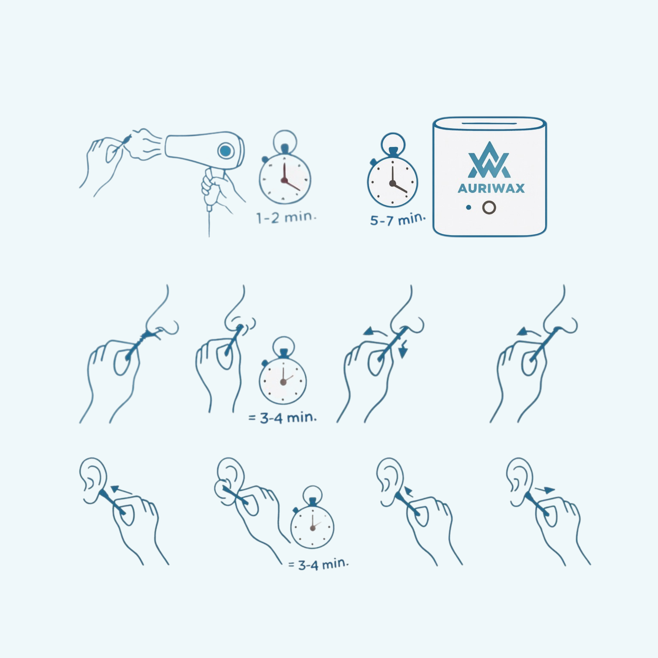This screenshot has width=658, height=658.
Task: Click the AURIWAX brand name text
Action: click(x=491, y=188)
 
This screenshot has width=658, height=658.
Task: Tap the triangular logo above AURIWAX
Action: click(x=489, y=160)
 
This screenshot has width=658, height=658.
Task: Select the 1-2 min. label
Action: click(x=286, y=217)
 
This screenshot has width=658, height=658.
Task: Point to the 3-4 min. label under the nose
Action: click(x=283, y=418)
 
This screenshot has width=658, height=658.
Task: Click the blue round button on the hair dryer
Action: click(x=226, y=150)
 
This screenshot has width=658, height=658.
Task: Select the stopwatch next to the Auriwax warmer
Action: click(x=392, y=170)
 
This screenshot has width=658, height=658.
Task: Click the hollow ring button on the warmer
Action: click(x=489, y=207)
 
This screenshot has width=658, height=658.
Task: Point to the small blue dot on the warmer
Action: click(x=469, y=207)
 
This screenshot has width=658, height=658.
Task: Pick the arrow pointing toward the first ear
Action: click(x=122, y=490)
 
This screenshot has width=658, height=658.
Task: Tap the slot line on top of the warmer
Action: click(x=489, y=123)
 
